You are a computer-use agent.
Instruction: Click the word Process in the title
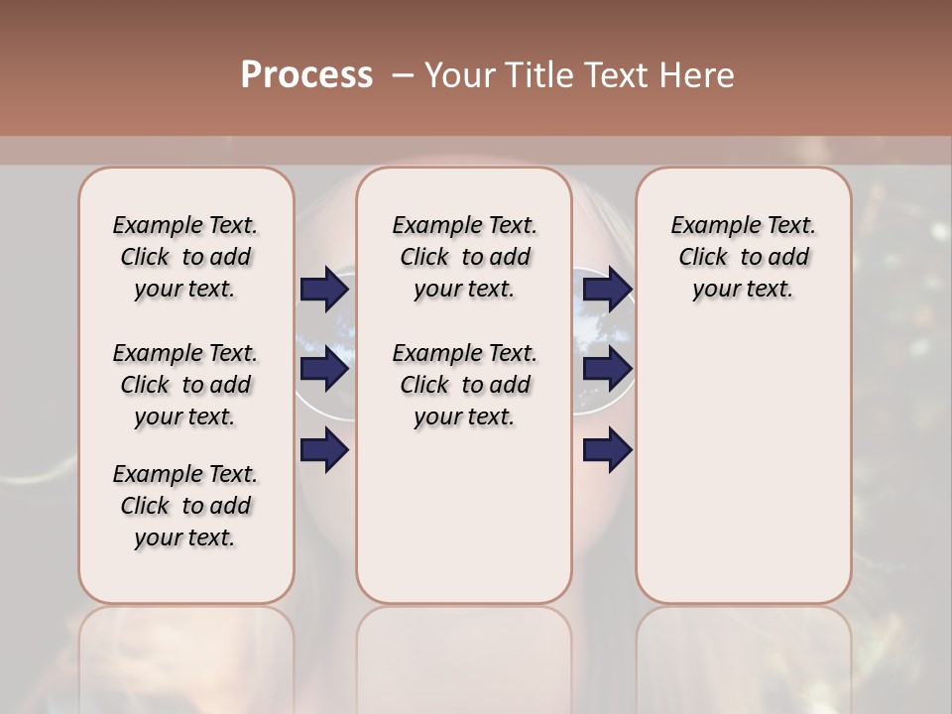click(305, 75)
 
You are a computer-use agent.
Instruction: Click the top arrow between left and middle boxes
click(324, 290)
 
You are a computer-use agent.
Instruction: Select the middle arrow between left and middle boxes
click(324, 369)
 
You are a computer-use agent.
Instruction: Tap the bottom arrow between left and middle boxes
click(324, 450)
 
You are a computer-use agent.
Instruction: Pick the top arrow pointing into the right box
click(608, 290)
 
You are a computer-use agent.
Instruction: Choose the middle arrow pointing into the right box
click(608, 369)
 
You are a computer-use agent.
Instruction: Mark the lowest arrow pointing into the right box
click(608, 450)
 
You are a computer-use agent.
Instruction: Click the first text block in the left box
click(185, 257)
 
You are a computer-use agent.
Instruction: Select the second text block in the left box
click(185, 385)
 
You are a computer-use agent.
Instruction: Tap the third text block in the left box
click(185, 506)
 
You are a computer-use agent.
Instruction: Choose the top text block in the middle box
click(464, 257)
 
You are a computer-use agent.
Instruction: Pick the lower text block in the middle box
click(464, 385)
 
